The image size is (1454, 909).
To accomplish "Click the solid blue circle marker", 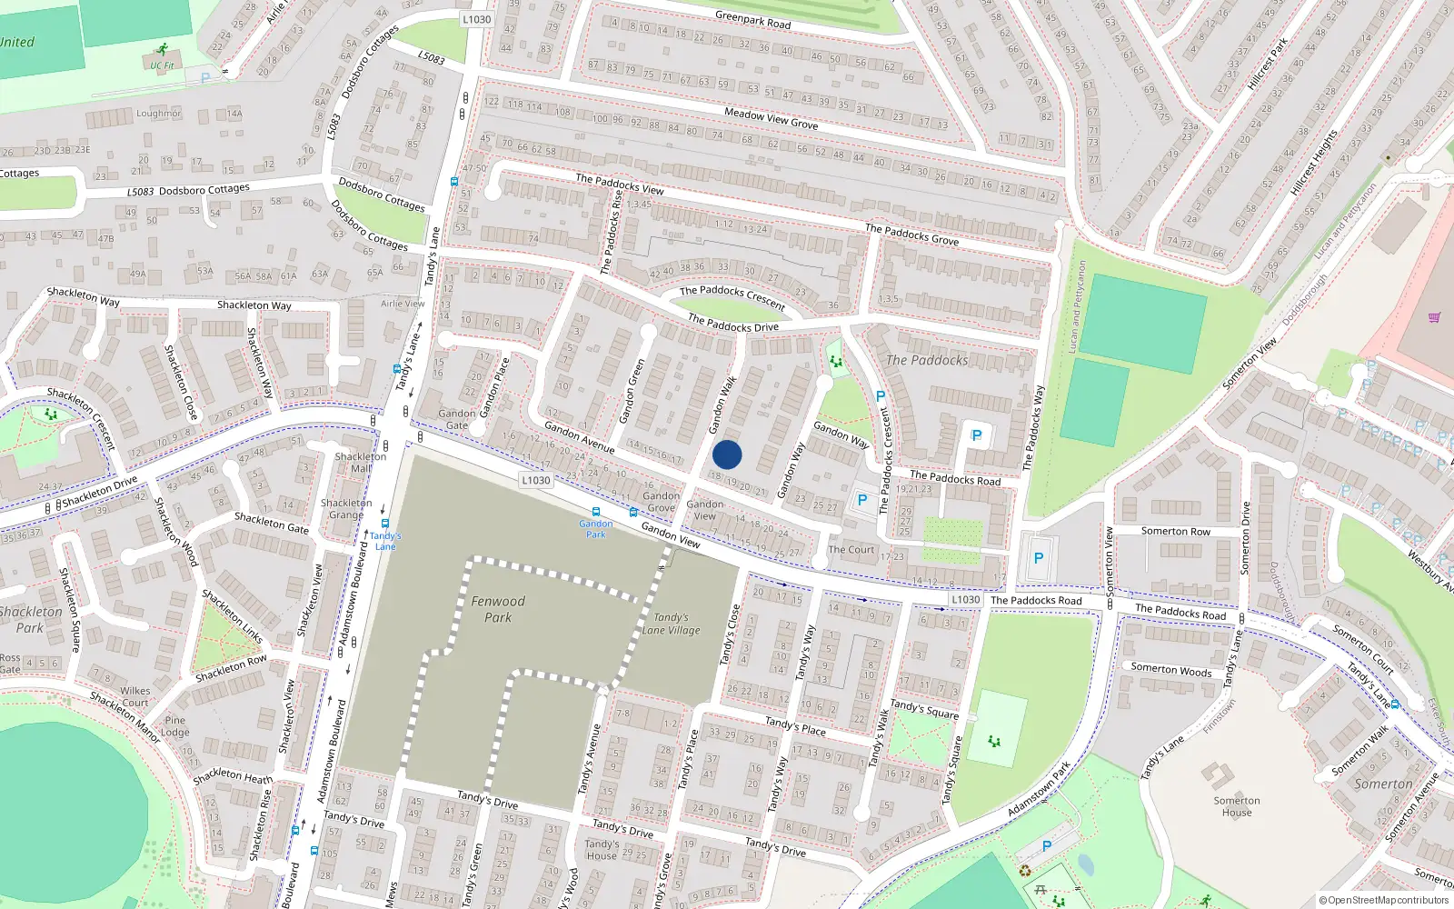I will pos(727,454).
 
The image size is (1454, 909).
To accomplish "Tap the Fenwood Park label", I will pos(497,609).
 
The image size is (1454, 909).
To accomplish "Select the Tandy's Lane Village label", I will pos(671,624).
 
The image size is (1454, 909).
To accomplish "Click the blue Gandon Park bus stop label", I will pos(595,529).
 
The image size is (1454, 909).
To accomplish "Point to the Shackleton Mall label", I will pos(361,463).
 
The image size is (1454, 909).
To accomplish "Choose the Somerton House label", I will pos(1237,806).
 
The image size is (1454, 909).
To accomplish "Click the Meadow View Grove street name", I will pos(771,118).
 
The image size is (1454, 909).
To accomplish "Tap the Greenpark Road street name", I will pos(752,19).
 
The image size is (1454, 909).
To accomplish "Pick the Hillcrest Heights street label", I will pos(1313,164).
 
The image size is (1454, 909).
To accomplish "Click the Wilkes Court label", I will pos(135,696).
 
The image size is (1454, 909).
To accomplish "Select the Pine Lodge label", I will pos(175,726).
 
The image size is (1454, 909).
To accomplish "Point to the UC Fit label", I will pos(163,65).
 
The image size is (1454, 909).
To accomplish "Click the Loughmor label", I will pos(159,114).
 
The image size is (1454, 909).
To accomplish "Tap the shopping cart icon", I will pos(1434,317).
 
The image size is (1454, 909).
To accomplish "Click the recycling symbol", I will pos(1025,871).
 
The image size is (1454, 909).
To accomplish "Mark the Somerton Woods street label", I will pos(1171,670).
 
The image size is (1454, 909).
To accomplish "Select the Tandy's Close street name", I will pos(730,635).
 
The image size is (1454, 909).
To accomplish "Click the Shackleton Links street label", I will pos(233,615).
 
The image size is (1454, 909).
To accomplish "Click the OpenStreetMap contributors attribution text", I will pos(1383,900).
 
